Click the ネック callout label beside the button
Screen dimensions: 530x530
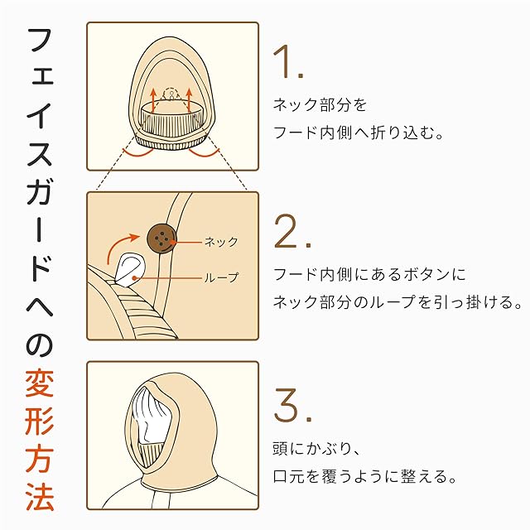222,242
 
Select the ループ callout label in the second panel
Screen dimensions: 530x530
222,278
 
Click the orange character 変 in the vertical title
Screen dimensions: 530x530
40,383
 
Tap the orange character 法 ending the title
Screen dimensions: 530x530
40,497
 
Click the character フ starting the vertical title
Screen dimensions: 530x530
41,41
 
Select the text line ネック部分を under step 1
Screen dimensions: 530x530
320,105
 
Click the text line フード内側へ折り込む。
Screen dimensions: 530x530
359,132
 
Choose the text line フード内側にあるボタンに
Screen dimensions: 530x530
369,274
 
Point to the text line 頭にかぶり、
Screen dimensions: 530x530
316,449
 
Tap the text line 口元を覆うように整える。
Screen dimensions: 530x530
365,477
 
